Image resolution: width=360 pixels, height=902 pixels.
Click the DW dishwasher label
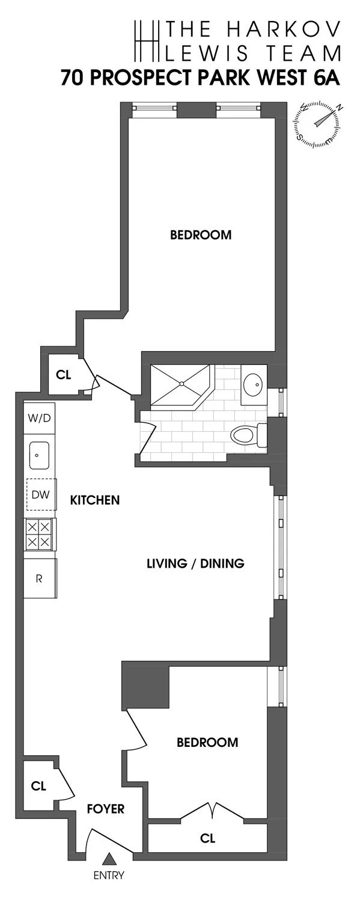pos(41,495)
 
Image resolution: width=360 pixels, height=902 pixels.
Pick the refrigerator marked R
pos(40,578)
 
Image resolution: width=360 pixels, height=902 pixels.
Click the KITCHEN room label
pos(95,500)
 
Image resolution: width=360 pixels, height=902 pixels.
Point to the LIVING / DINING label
pos(196,563)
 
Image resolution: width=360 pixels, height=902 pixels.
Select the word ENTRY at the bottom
pos(109,876)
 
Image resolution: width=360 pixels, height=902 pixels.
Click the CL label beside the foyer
pos(38,786)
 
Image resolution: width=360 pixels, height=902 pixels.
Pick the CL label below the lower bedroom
pos(208,838)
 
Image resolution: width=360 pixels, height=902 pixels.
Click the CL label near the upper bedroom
pos(63,375)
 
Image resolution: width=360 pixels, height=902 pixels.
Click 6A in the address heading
pos(326,79)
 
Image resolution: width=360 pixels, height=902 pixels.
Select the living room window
pos(280,547)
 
